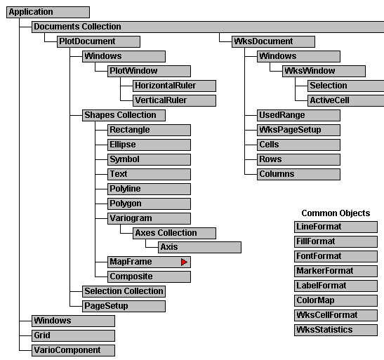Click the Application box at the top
(48, 12)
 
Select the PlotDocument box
(98, 41)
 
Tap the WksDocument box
(273, 41)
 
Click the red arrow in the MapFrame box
(184, 262)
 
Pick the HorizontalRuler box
(174, 86)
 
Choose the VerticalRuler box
(174, 100)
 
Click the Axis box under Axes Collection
(199, 247)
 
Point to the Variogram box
(149, 218)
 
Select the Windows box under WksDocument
(298, 57)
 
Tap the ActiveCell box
(346, 100)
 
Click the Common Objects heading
(336, 213)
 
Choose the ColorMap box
(336, 300)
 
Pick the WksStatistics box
(336, 330)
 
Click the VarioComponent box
(73, 350)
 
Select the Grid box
(73, 335)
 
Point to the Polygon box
(149, 204)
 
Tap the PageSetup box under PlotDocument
(124, 306)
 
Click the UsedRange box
(298, 115)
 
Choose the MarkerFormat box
(336, 271)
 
